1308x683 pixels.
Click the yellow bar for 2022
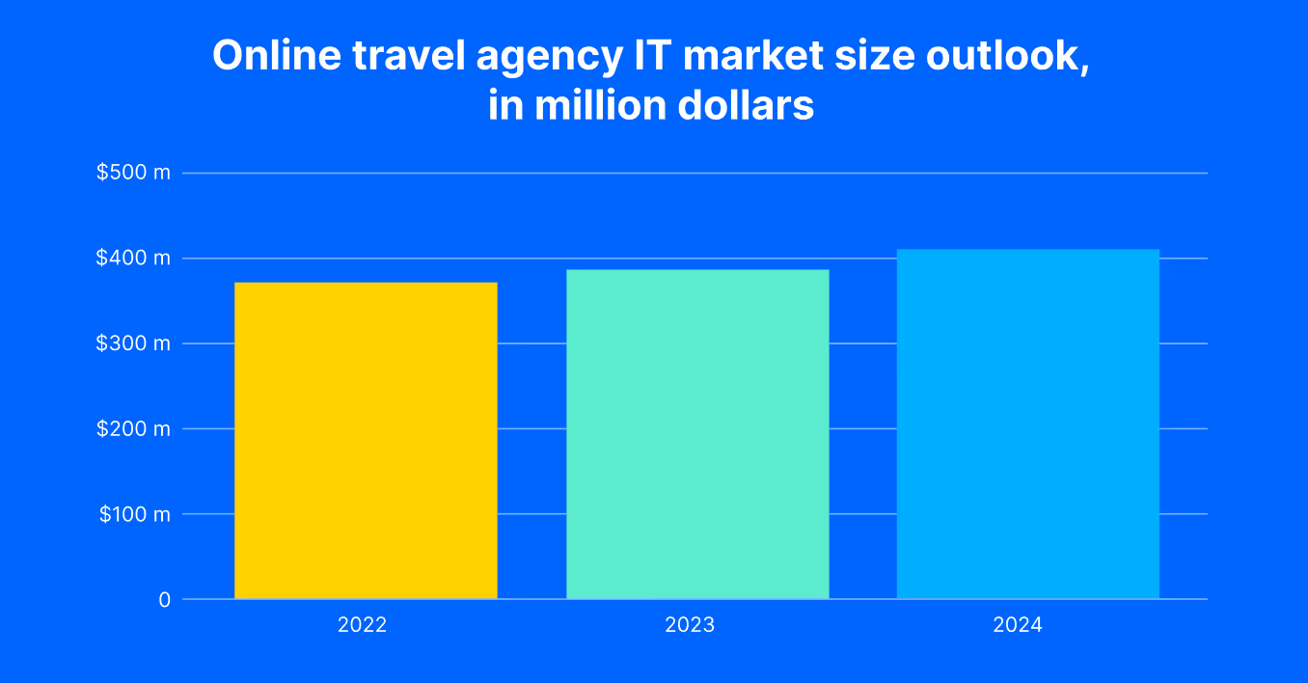[x=366, y=440]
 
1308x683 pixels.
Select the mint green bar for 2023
[x=697, y=434]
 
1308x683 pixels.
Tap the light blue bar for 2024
[x=1028, y=424]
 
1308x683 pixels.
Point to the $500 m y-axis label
[x=133, y=173]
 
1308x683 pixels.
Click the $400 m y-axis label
[x=133, y=258]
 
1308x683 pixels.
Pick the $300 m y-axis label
[x=133, y=343]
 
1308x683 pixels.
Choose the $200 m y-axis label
[x=133, y=428]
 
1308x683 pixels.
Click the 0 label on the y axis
[x=165, y=599]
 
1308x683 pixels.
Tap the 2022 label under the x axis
[x=362, y=625]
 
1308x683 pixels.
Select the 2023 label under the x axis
[x=690, y=625]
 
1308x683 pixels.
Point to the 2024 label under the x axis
[x=1018, y=625]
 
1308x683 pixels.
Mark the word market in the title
[x=752, y=56]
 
